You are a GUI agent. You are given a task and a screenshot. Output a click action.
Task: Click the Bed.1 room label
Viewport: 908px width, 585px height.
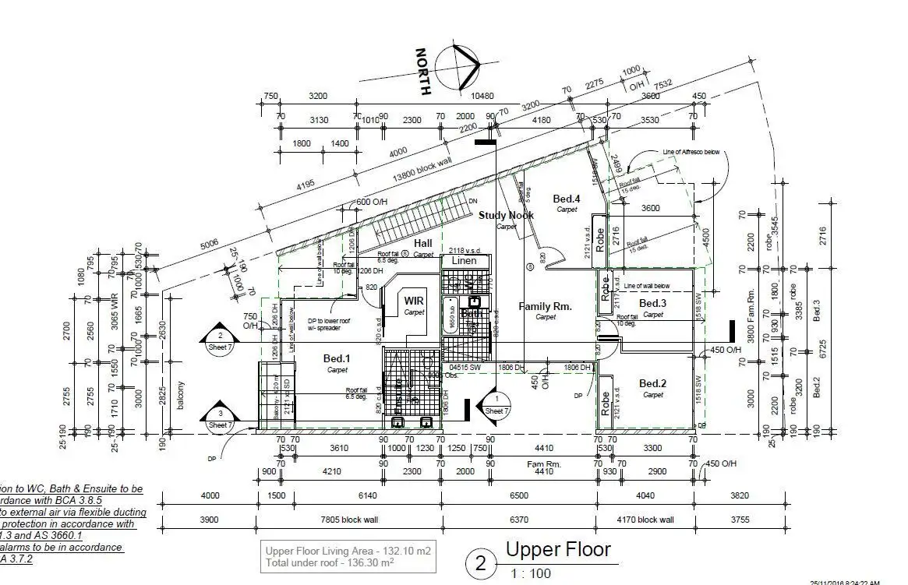pyautogui.click(x=337, y=358)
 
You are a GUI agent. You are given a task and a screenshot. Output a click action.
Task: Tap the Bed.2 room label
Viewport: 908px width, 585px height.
pyautogui.click(x=653, y=383)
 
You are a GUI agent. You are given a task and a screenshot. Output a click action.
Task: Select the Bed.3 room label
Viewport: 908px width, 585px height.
pyautogui.click(x=653, y=303)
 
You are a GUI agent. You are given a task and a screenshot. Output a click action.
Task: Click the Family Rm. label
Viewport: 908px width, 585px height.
pyautogui.click(x=546, y=306)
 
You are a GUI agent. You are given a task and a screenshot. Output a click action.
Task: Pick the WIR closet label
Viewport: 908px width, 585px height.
pyautogui.click(x=414, y=300)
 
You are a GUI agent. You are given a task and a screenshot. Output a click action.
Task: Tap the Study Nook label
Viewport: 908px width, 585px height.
pyautogui.click(x=507, y=215)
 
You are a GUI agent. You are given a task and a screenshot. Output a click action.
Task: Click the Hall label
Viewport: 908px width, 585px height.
pyautogui.click(x=423, y=244)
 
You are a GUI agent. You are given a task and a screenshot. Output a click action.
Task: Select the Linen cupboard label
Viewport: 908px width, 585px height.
pyautogui.click(x=465, y=260)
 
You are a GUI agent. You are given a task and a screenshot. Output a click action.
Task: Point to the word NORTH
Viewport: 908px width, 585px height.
pyautogui.click(x=423, y=72)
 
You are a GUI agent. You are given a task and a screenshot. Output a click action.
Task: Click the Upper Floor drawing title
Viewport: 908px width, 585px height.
pyautogui.click(x=558, y=549)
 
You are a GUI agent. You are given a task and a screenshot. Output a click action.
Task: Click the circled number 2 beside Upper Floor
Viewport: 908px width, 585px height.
pyautogui.click(x=482, y=562)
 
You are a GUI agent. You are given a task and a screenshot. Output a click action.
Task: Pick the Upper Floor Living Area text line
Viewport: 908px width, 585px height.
pyautogui.click(x=348, y=551)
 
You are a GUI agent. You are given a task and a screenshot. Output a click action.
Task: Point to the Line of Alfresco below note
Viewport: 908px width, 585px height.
pyautogui.click(x=691, y=152)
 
